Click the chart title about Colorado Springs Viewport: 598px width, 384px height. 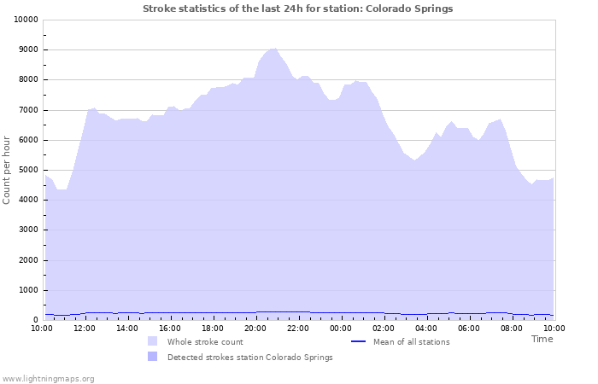(x=298, y=9)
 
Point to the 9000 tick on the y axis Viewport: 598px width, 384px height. (x=26, y=49)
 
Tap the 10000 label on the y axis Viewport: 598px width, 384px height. (x=26, y=20)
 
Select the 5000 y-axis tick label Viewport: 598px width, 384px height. (x=26, y=170)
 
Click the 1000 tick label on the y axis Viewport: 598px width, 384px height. (x=26, y=290)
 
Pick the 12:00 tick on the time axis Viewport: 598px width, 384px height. (x=85, y=329)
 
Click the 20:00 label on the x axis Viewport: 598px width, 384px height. (x=255, y=329)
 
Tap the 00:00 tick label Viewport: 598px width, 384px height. (x=341, y=329)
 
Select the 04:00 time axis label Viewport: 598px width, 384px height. (x=426, y=329)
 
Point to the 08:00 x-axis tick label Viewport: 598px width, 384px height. (x=512, y=329)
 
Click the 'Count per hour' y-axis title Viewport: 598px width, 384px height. (x=6, y=170)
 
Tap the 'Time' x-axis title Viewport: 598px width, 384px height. (x=542, y=339)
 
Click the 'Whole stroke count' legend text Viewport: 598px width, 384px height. (x=205, y=342)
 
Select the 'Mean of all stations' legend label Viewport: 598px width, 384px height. (x=412, y=342)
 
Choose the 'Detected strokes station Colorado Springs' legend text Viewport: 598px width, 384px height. (x=250, y=358)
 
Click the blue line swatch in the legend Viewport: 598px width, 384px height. (x=358, y=341)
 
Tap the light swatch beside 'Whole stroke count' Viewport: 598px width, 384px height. (x=153, y=341)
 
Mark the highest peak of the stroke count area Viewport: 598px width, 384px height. (x=273, y=49)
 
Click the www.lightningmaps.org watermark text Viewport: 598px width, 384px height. (x=48, y=379)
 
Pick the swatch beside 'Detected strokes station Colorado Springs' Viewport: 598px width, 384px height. (x=153, y=357)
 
